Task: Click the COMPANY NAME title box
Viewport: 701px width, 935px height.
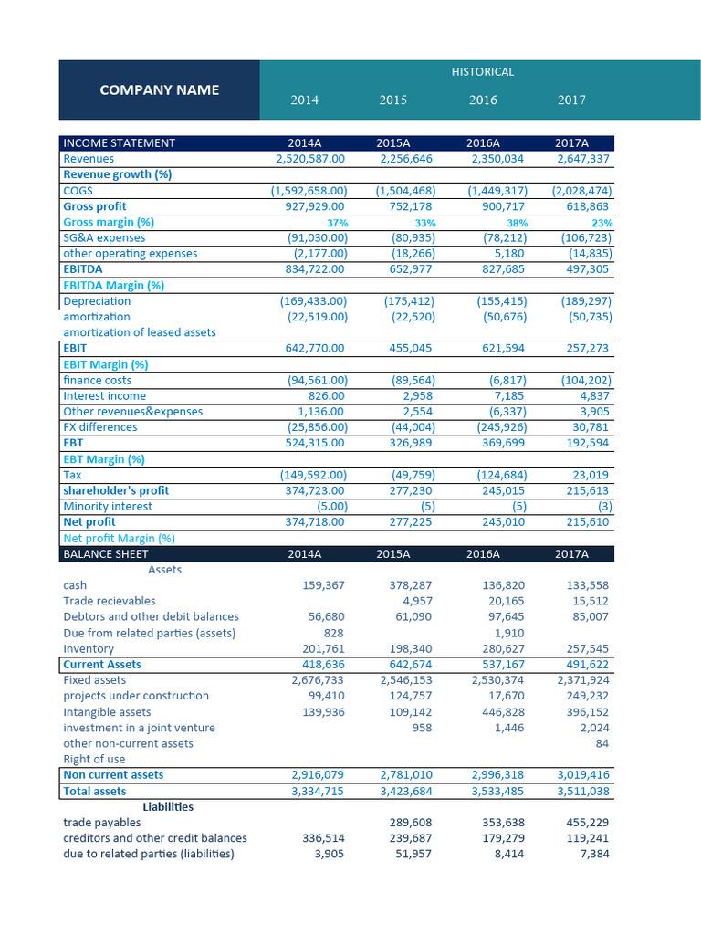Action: (x=159, y=89)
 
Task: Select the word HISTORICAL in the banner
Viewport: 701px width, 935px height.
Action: (x=483, y=71)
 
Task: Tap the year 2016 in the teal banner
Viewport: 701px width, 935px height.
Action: (x=483, y=100)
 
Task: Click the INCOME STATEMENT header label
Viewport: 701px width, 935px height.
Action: (x=119, y=142)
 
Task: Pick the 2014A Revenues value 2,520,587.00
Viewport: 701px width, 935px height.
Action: (x=310, y=159)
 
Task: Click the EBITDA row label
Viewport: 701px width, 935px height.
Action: (x=83, y=269)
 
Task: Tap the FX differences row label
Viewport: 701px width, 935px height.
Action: (x=100, y=427)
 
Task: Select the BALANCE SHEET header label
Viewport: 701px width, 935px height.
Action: (x=106, y=554)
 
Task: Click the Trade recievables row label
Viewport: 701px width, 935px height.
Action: (x=110, y=601)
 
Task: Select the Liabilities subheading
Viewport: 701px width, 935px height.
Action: (x=168, y=807)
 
